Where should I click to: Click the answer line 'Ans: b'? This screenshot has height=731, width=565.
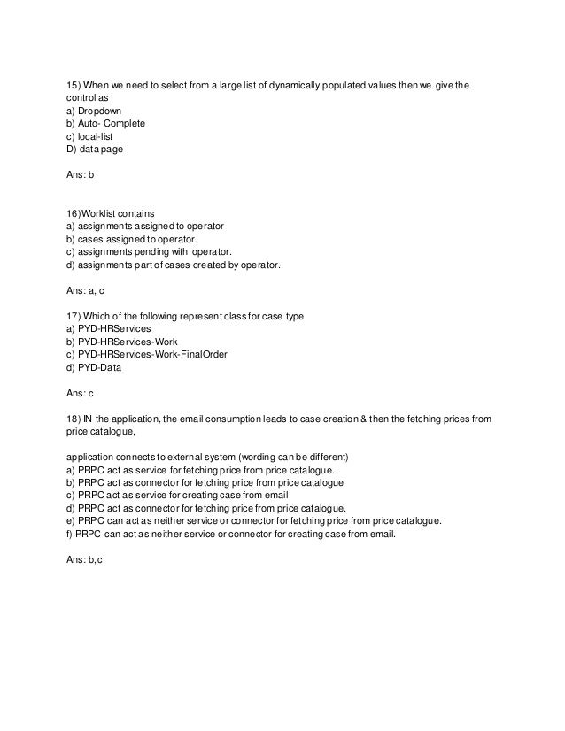pos(80,175)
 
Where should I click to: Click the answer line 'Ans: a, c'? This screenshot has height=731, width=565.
pos(85,289)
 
